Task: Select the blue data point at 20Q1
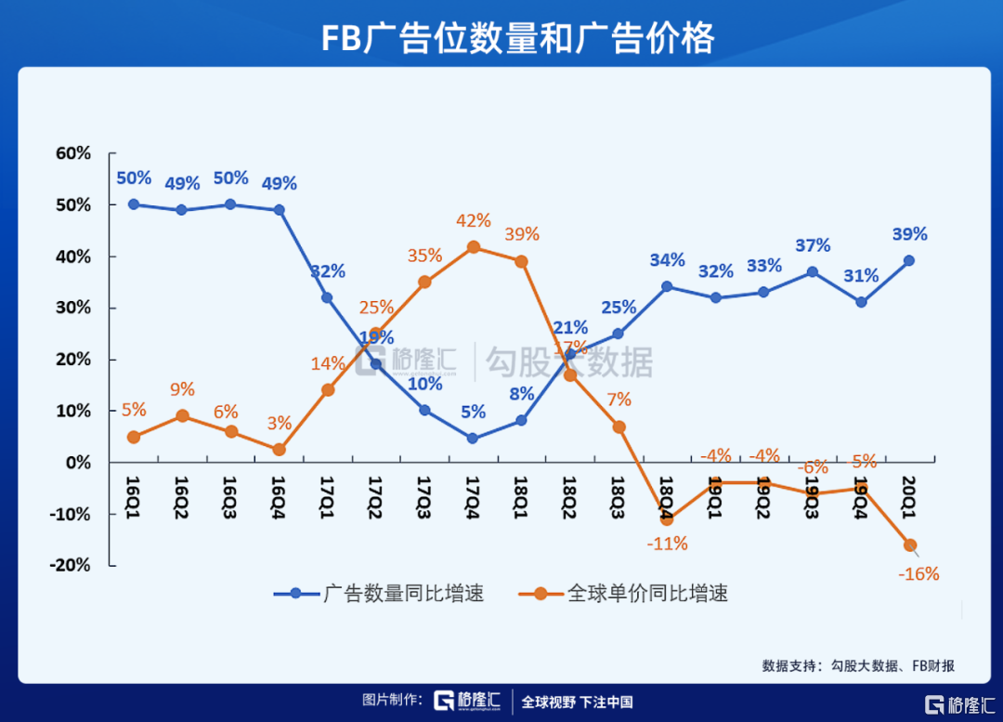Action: click(x=909, y=261)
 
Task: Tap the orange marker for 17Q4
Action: click(x=474, y=247)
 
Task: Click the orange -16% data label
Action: click(x=918, y=574)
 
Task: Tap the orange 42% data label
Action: click(x=474, y=221)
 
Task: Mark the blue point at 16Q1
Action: click(x=134, y=204)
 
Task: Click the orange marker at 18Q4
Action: click(x=667, y=519)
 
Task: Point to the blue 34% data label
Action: click(x=667, y=261)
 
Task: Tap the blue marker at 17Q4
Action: click(x=473, y=438)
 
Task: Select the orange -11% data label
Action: click(x=666, y=545)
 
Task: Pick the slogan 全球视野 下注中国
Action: click(x=577, y=702)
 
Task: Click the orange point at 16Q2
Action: click(x=183, y=416)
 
